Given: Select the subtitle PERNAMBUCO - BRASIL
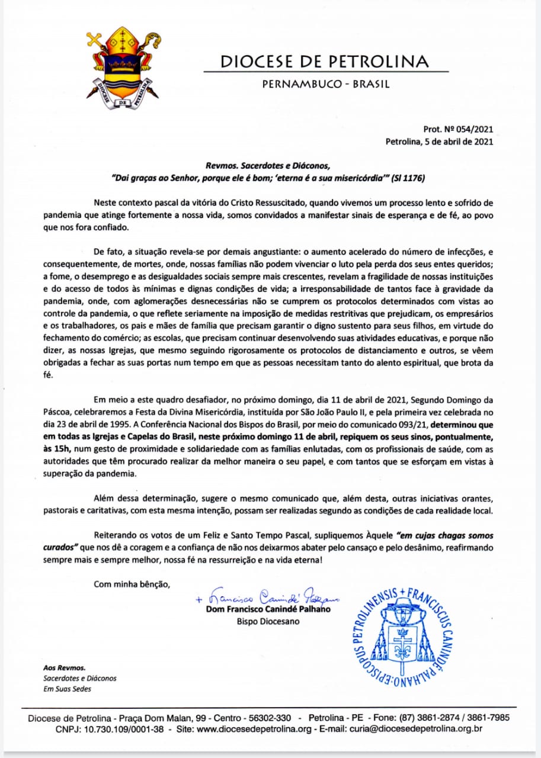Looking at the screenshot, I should click(326, 84).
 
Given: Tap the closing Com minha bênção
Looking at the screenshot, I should click(132, 584).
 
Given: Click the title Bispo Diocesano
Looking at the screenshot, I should click(268, 622).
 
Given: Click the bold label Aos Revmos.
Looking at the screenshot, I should click(60, 667).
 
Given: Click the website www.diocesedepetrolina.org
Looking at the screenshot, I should click(254, 730).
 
